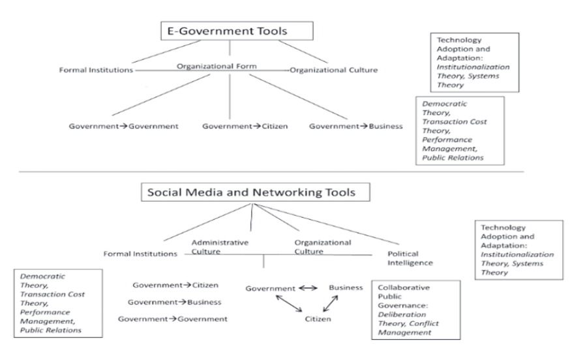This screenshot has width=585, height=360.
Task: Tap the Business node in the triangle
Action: pyautogui.click(x=346, y=287)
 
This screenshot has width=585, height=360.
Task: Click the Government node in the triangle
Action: pyautogui.click(x=269, y=288)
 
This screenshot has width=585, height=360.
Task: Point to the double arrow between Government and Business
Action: pyautogui.click(x=308, y=288)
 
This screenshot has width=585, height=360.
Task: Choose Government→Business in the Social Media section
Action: pyautogui.click(x=174, y=302)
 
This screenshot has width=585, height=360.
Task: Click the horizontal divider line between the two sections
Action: pyautogui.click(x=261, y=172)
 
